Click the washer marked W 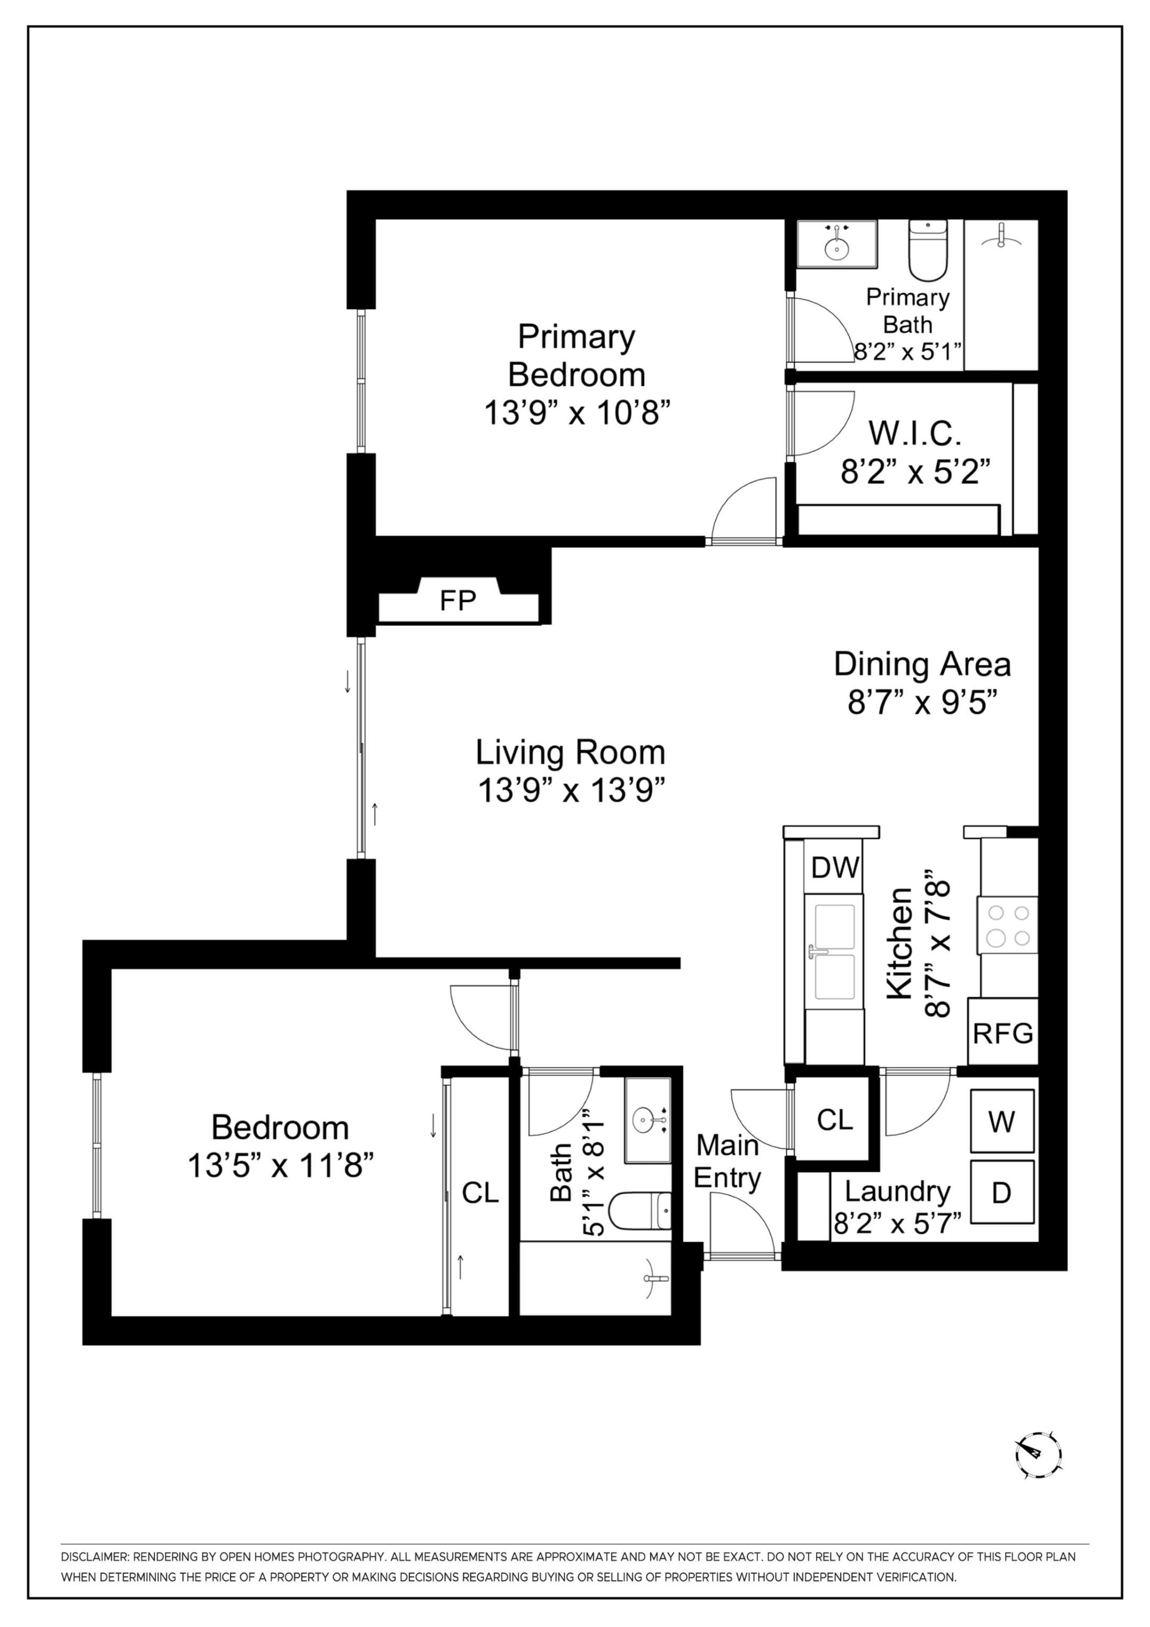pos(1001,1122)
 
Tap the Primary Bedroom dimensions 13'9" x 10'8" pos(577,412)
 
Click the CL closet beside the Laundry pos(834,1120)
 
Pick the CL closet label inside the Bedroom pos(480,1193)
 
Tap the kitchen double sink pos(834,952)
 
